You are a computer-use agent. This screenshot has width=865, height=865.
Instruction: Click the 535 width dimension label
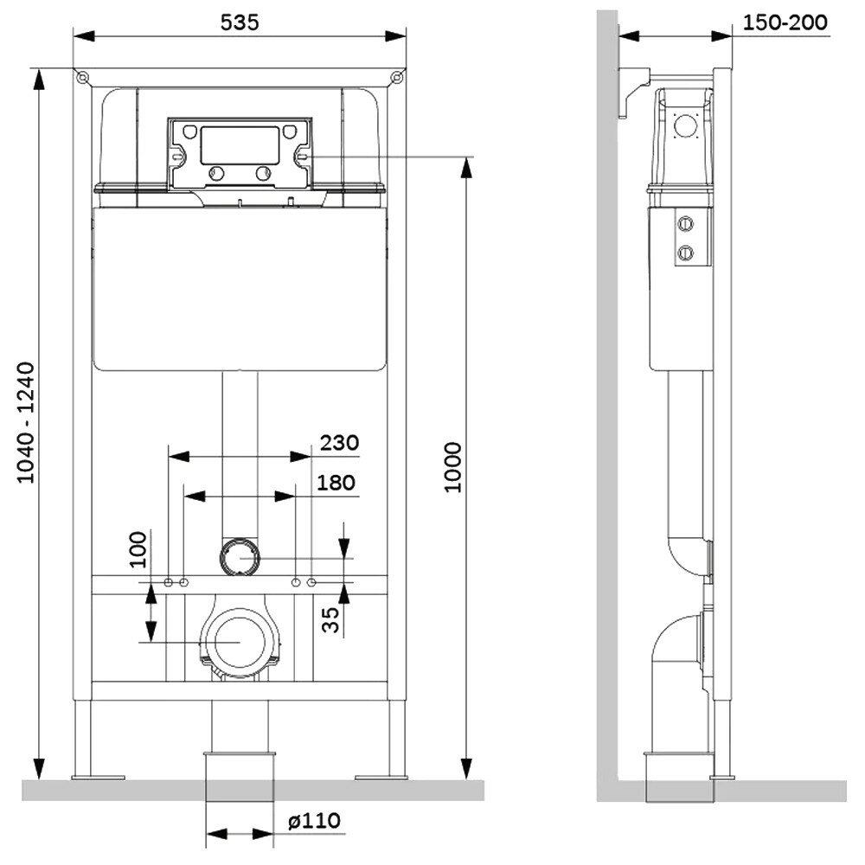[239, 22]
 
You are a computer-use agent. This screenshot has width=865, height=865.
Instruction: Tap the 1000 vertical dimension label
[454, 467]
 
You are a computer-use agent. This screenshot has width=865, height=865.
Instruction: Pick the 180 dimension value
[336, 482]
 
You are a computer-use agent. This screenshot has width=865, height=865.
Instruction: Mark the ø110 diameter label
[316, 820]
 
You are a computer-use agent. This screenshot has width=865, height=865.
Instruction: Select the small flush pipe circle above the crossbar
[239, 555]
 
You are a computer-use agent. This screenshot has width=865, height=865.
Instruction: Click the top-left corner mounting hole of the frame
[82, 77]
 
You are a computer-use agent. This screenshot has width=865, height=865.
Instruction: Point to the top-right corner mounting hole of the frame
[397, 77]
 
